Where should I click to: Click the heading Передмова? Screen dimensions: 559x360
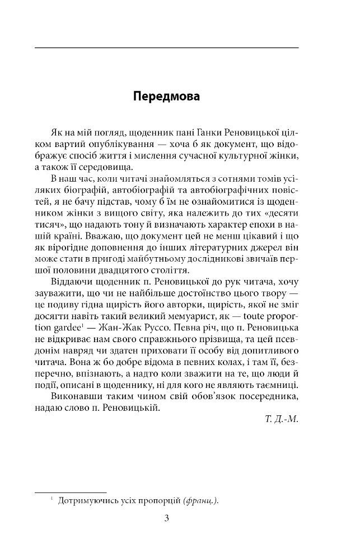pyautogui.click(x=166, y=96)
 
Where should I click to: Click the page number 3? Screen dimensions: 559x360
pyautogui.click(x=166, y=518)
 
